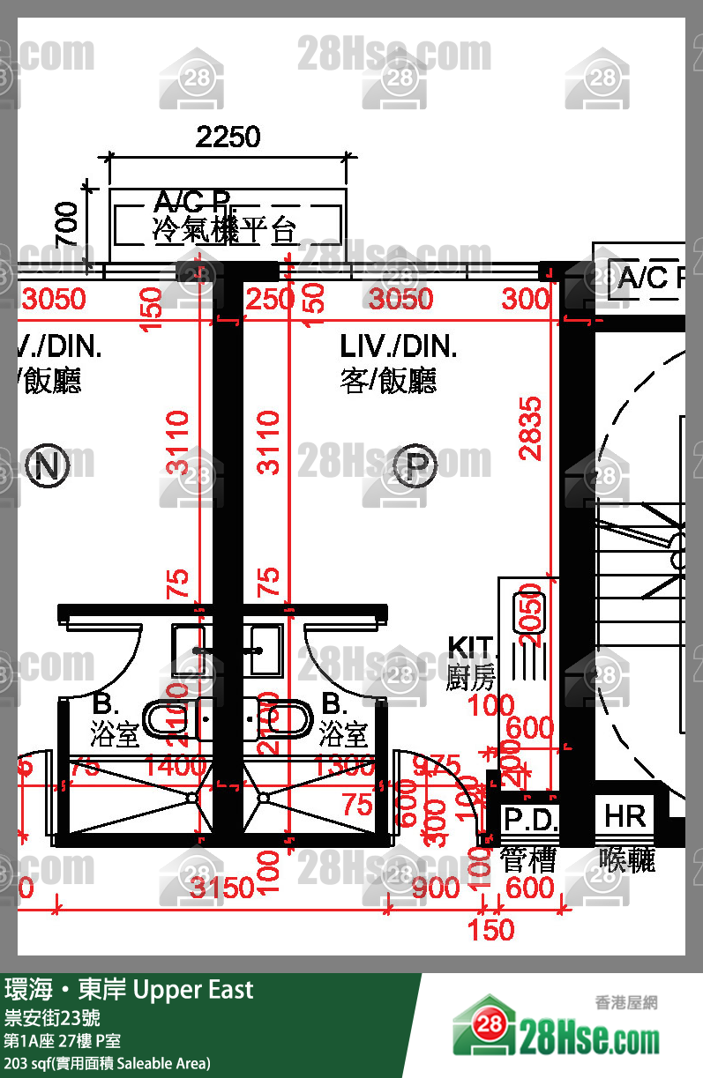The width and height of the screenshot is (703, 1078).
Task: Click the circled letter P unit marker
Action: tap(416, 466)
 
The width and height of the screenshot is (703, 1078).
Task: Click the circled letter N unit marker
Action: tap(48, 466)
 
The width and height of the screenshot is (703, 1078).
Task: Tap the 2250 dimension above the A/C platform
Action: tap(228, 137)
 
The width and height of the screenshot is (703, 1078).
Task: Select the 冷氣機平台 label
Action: tap(224, 231)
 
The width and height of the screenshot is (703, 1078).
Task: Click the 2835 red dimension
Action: tap(530, 428)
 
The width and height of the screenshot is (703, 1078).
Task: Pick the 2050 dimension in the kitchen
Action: tap(530, 614)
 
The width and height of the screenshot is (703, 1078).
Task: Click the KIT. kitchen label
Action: tap(472, 648)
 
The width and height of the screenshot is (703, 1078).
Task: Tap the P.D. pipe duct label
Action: tap(530, 821)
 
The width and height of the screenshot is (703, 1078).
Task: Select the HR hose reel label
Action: tap(625, 817)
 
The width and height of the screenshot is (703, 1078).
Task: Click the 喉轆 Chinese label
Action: tap(627, 859)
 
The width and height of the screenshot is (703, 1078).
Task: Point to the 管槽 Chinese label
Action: tap(528, 859)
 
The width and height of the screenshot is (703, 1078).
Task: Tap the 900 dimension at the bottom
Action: tap(436, 888)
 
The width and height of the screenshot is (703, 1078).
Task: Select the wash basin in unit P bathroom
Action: tap(264, 650)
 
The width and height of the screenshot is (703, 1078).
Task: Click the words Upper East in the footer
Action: tap(193, 990)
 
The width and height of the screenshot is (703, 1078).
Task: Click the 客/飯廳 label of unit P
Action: tap(388, 381)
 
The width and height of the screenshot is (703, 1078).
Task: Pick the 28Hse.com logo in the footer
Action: tap(556, 1031)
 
